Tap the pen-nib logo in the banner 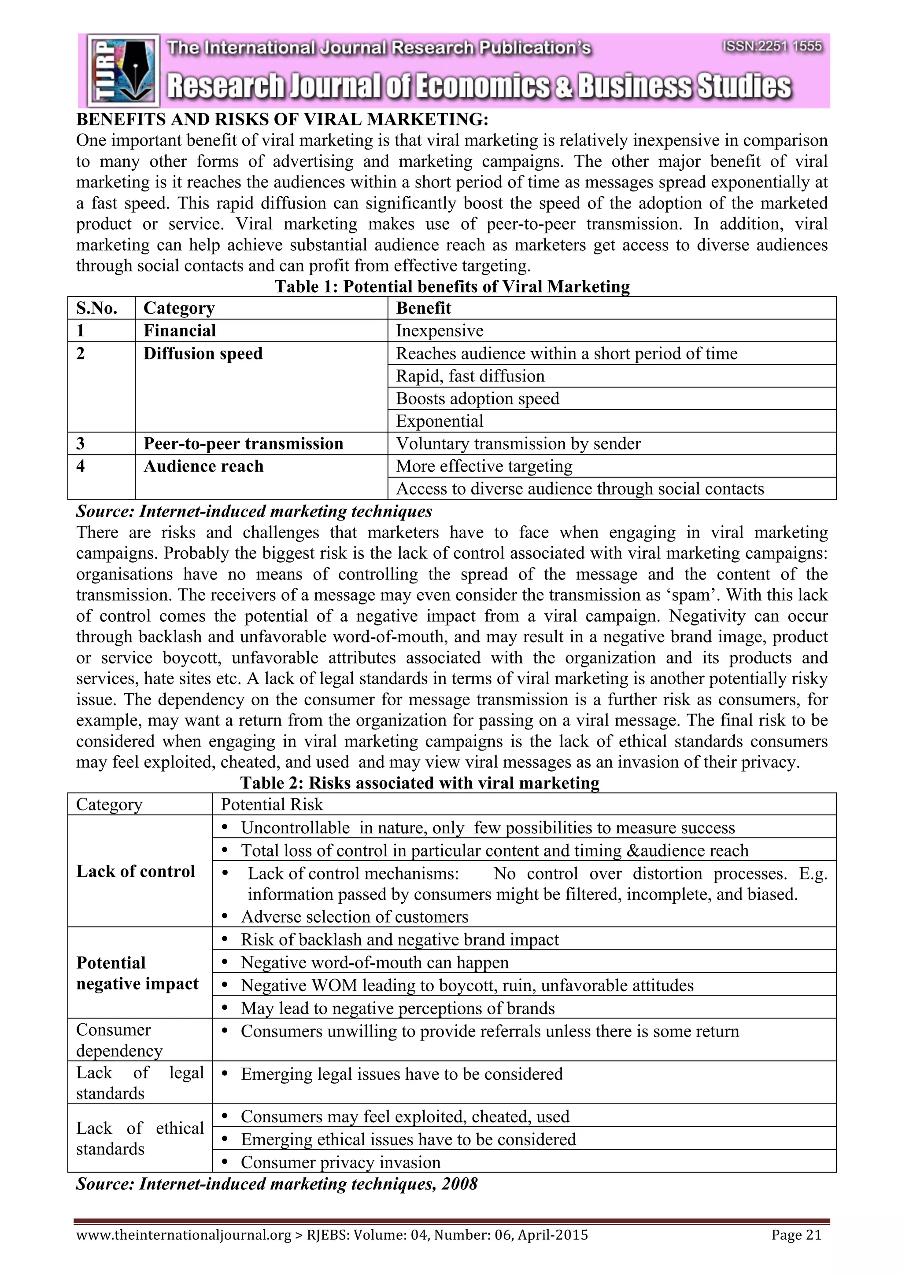click(123, 70)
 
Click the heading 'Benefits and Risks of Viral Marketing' click(282, 119)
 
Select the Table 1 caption click(452, 286)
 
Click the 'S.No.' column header click(97, 308)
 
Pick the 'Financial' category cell click(180, 331)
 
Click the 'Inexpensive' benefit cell click(440, 331)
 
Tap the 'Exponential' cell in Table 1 click(440, 421)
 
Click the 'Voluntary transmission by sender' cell click(518, 443)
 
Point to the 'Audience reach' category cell click(203, 466)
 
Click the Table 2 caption click(420, 783)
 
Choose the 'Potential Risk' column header click(272, 805)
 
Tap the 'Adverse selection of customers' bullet click(355, 917)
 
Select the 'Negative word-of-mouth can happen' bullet click(374, 962)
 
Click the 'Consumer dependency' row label click(119, 1040)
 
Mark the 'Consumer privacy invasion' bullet click(340, 1162)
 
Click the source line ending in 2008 click(277, 1184)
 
